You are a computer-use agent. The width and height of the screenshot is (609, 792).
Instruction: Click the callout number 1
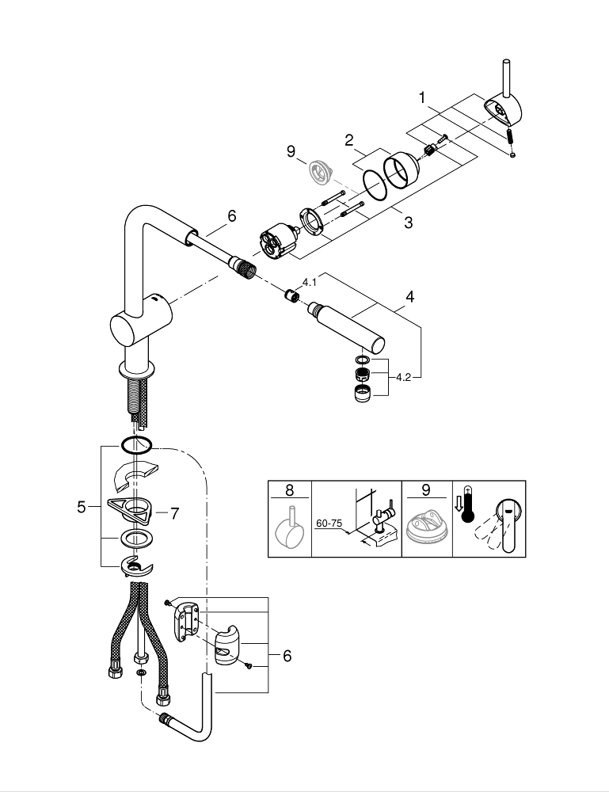pos(423,97)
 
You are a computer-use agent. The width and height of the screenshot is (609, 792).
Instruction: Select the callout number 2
pos(348,141)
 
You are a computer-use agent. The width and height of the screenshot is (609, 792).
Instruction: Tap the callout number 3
pos(408,223)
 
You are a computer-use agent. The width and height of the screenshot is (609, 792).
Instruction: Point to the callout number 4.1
pos(309,281)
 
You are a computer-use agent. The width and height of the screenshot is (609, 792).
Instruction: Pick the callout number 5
pos(82,507)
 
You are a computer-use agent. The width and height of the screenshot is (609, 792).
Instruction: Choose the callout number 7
pos(174,513)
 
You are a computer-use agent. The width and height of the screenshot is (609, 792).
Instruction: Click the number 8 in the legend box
pos(289,489)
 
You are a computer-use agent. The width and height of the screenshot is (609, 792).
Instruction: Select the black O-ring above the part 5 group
pos(137,445)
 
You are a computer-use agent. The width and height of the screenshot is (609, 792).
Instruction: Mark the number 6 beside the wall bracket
pos(287,656)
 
